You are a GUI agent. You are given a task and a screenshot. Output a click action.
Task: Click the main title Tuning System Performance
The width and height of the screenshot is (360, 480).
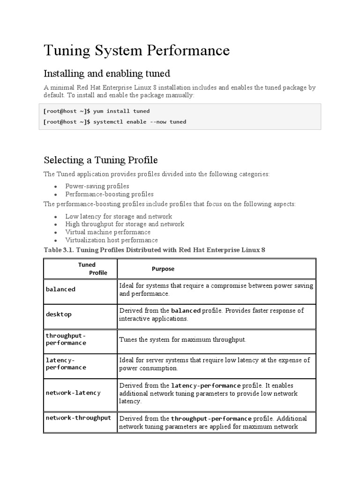[x=136, y=51]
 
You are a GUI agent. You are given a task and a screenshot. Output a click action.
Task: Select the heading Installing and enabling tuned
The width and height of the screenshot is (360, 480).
[x=106, y=74]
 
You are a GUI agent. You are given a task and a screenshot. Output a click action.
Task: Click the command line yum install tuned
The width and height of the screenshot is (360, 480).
[x=97, y=111]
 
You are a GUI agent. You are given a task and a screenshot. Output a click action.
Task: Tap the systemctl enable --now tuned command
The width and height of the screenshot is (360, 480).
[x=114, y=122]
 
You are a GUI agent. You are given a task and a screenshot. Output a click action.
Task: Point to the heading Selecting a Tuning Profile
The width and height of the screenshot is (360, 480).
[x=100, y=160]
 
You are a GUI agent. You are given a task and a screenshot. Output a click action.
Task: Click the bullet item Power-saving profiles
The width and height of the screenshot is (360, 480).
[x=97, y=186]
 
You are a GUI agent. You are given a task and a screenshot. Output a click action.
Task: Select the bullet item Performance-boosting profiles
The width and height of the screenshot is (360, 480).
[x=109, y=194]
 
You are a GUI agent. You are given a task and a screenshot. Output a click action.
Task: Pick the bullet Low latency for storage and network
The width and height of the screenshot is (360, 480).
[x=119, y=217]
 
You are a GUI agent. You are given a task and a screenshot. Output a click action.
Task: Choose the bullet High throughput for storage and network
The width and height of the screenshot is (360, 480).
[x=125, y=224]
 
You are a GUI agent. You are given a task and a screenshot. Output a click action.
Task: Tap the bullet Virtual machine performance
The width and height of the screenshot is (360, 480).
[x=108, y=232]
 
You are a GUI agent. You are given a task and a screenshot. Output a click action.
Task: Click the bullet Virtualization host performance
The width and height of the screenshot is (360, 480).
[x=112, y=240]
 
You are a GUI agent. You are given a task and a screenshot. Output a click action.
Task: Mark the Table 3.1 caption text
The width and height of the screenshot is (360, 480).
[x=154, y=250]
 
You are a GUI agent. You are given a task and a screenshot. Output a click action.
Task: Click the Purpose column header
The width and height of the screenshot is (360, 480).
[x=163, y=269]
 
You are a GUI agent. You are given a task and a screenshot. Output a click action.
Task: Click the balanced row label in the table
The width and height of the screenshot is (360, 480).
[x=60, y=290]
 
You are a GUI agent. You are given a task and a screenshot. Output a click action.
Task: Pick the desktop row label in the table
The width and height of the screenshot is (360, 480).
[x=59, y=315]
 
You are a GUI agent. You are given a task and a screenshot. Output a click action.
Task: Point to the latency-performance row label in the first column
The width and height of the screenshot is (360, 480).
[x=66, y=364]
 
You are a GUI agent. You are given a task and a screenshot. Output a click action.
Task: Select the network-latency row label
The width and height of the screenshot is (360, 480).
[x=73, y=393]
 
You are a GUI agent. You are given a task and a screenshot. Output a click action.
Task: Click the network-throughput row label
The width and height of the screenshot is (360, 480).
[x=78, y=418]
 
